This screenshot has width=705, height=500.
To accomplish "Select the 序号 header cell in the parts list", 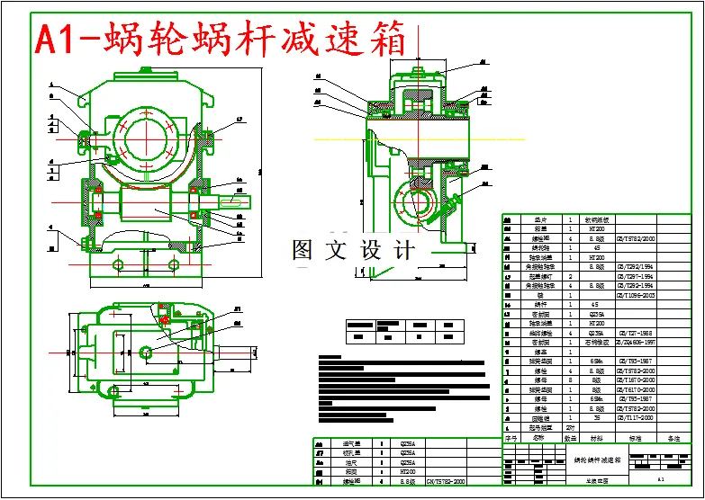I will [x=511, y=439].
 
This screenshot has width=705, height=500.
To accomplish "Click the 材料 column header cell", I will [x=596, y=439].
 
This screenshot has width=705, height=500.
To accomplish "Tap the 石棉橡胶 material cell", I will [x=596, y=343].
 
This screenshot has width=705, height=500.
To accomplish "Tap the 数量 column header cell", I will [x=569, y=439].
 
